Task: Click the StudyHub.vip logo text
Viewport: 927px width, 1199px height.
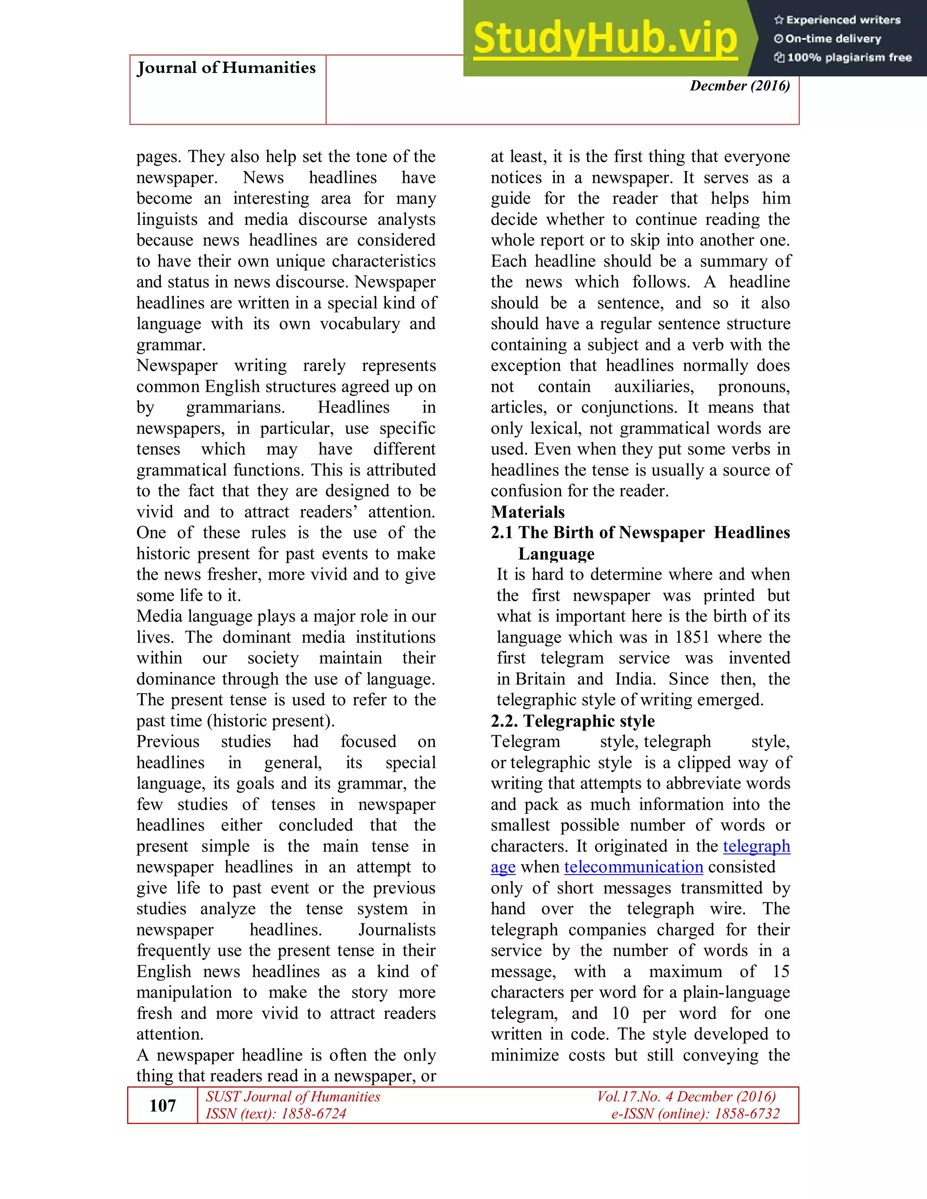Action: coord(605,38)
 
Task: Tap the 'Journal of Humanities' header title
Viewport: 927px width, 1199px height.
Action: coord(226,68)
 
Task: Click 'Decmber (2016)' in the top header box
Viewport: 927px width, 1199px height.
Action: coord(740,86)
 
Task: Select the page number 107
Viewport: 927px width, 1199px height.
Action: coord(162,1105)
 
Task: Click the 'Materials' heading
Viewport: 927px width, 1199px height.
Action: coord(528,512)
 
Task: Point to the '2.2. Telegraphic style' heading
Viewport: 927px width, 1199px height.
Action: coord(573,721)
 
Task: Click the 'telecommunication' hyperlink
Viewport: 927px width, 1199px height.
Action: coord(633,867)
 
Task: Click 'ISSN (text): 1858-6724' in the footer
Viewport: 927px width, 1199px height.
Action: coord(276,1113)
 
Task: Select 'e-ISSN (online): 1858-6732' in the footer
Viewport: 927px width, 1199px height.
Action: coord(695,1113)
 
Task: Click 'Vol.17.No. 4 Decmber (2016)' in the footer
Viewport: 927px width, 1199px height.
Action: coord(687,1097)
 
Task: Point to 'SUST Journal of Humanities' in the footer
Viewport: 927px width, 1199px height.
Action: coord(293,1097)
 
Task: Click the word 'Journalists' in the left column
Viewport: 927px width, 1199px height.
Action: coord(397,930)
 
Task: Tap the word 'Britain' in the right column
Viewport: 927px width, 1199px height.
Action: coord(540,679)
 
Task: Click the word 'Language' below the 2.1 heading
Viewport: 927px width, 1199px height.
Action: coord(556,554)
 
